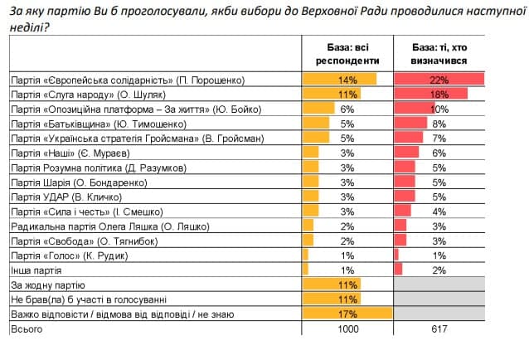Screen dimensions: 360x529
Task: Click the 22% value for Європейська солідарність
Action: [x=439, y=80]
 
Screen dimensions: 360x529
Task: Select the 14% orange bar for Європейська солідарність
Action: [x=340, y=80]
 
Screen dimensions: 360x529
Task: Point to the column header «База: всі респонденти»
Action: [x=347, y=54]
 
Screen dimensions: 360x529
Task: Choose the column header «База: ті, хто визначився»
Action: [x=439, y=54]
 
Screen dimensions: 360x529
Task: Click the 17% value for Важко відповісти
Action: [x=347, y=314]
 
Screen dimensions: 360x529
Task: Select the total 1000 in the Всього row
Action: [x=347, y=329]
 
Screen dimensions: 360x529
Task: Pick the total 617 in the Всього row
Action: [x=439, y=329]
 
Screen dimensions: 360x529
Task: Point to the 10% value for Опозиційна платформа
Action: [x=439, y=109]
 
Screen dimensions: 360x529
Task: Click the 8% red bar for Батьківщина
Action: [x=411, y=124]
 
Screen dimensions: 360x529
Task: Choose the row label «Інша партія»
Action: [x=38, y=270]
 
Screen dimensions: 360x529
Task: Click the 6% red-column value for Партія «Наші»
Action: [x=439, y=153]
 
